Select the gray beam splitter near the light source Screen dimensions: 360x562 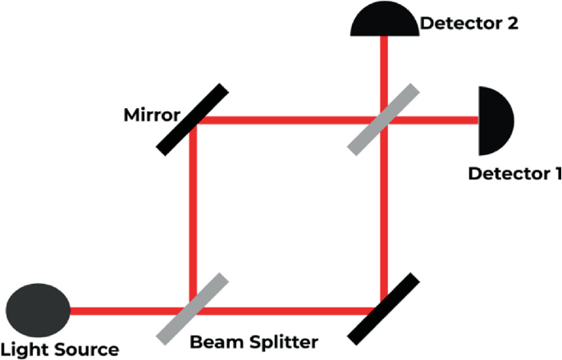(190, 308)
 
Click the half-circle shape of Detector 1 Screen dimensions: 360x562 (495, 121)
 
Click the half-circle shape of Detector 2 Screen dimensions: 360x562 (384, 21)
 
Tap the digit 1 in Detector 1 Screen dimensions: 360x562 (557, 173)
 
